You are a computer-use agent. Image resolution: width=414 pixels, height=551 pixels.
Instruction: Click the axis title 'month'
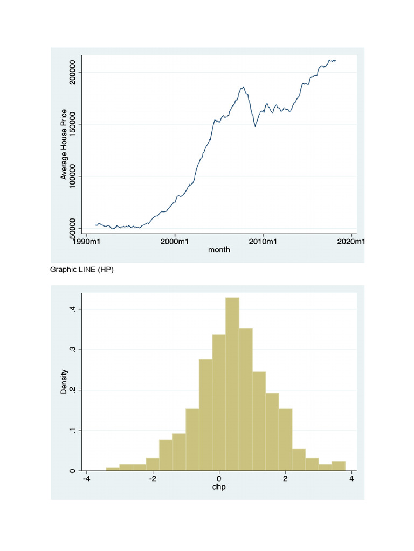coord(219,250)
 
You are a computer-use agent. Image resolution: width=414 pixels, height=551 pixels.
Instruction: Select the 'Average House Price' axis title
coord(64,144)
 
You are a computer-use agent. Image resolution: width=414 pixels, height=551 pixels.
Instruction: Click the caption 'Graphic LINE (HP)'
coord(82,270)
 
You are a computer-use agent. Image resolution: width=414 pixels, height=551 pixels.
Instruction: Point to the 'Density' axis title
coord(64,382)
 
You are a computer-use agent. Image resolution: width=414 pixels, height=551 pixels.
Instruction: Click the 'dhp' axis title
coord(219,488)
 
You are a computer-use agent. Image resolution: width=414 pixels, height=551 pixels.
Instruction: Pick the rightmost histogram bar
coord(339,466)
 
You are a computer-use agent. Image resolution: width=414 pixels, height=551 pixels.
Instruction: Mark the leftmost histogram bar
coord(113,469)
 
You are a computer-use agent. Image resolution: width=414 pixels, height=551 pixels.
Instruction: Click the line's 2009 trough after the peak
coord(255,126)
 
